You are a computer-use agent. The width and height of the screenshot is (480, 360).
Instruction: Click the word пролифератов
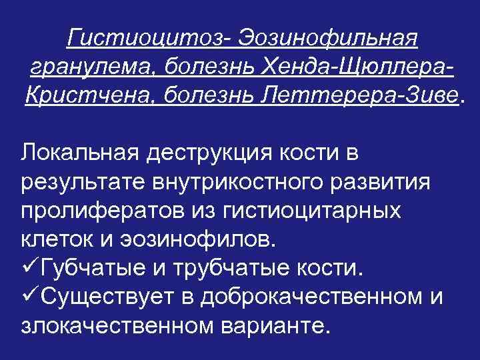click(x=93, y=211)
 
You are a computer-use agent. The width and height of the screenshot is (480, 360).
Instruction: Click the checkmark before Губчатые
click(x=29, y=267)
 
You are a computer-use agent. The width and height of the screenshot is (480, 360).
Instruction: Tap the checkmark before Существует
click(x=29, y=297)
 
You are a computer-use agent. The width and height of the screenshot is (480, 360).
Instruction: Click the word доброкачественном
click(x=306, y=297)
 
